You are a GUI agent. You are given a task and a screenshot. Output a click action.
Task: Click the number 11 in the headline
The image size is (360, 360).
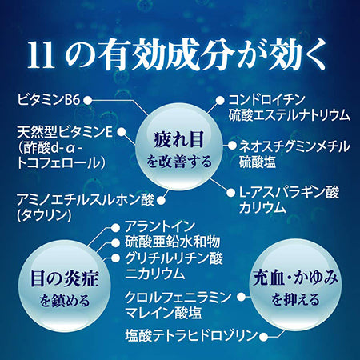41,55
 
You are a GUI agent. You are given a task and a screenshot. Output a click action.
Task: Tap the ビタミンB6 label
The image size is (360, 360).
49,100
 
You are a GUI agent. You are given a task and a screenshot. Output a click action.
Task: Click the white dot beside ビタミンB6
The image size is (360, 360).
88,101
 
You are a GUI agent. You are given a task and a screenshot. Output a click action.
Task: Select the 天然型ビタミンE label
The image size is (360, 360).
65,132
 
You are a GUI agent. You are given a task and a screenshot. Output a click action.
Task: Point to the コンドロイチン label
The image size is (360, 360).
266,100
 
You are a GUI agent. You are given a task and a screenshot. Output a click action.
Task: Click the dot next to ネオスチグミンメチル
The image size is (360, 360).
232,146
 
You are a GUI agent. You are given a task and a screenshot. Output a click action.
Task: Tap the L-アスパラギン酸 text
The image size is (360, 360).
289,192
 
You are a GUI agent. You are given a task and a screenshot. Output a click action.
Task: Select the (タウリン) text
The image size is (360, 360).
45,215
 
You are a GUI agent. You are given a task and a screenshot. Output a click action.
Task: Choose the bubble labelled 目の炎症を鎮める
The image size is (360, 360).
65,287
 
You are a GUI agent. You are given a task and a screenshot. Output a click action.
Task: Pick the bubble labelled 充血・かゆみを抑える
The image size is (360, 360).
295,286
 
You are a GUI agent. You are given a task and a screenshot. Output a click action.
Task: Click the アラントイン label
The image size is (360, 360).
160,226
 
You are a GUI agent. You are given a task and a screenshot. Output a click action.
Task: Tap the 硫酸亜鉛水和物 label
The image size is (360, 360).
173,242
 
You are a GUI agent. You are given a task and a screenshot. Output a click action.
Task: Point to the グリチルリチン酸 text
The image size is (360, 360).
174,258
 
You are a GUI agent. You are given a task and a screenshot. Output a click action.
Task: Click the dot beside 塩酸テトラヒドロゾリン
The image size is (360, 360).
264,337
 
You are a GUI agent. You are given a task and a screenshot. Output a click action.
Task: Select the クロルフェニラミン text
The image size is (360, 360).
178,297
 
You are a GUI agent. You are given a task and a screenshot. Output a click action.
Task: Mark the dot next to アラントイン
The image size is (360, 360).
116,228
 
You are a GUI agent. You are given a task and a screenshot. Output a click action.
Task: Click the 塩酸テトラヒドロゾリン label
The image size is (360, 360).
191,336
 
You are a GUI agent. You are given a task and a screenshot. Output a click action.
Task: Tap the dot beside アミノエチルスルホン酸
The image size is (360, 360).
161,201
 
